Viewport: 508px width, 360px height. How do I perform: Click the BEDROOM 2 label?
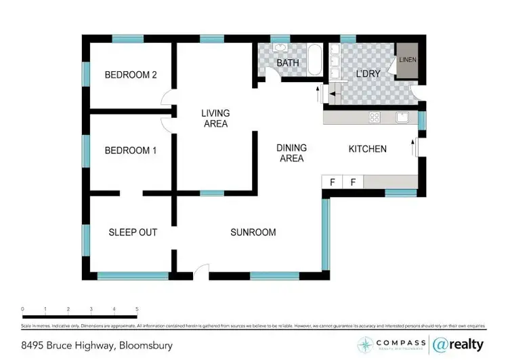tap(131, 75)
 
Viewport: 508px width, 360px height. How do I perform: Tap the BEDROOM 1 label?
tap(131, 151)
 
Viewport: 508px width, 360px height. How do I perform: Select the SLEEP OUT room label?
tap(133, 233)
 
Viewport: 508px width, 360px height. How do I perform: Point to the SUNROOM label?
tap(253, 233)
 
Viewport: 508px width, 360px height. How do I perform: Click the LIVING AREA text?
tap(215, 119)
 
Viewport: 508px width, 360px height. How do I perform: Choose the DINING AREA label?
tap(292, 153)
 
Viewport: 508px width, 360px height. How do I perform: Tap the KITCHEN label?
tap(367, 149)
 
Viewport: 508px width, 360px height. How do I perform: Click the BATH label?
tap(287, 64)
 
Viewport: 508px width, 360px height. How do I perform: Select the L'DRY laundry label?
tap(369, 74)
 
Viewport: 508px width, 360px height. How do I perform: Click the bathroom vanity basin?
tap(280, 48)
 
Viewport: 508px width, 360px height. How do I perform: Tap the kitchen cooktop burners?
tap(374, 117)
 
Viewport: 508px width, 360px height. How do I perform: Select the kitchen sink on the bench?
tap(404, 117)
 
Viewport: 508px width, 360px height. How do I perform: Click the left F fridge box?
tap(333, 182)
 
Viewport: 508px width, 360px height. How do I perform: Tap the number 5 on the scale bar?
tap(137, 309)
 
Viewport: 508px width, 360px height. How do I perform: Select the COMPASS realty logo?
tap(389, 344)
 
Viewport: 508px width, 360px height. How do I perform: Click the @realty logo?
tap(459, 344)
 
